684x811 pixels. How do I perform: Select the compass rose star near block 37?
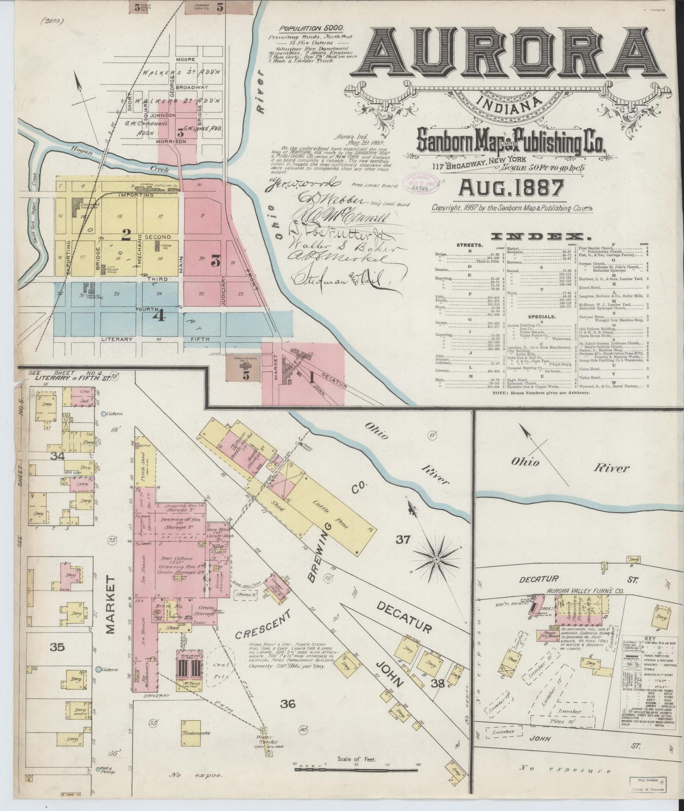(436, 558)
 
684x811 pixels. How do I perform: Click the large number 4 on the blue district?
(158, 315)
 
